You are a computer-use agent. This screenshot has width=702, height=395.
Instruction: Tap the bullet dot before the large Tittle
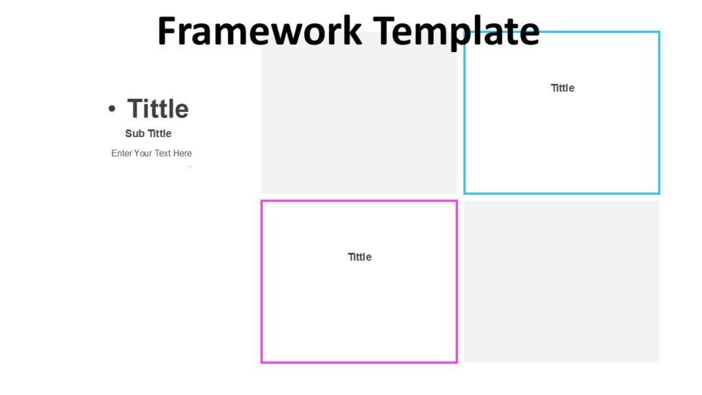[x=112, y=108]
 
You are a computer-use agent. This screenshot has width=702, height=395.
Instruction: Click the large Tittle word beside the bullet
[x=158, y=108]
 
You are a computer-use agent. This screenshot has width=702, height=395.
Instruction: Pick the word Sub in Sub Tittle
[x=135, y=133]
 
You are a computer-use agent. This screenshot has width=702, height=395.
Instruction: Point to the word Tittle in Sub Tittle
[x=160, y=133]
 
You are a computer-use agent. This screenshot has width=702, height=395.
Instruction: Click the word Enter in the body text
[x=121, y=153]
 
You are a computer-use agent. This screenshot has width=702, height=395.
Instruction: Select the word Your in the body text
[x=143, y=153]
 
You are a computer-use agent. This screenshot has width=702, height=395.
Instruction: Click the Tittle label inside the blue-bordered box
[x=562, y=88]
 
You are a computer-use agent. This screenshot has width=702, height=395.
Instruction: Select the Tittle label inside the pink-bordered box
[x=359, y=256]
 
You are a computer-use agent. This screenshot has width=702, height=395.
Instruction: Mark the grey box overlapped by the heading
[x=359, y=117]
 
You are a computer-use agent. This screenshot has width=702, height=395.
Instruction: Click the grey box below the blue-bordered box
[x=561, y=281]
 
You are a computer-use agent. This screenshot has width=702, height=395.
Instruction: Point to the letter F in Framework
[x=167, y=32]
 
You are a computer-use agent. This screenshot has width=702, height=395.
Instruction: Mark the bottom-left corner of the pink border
[x=262, y=361]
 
